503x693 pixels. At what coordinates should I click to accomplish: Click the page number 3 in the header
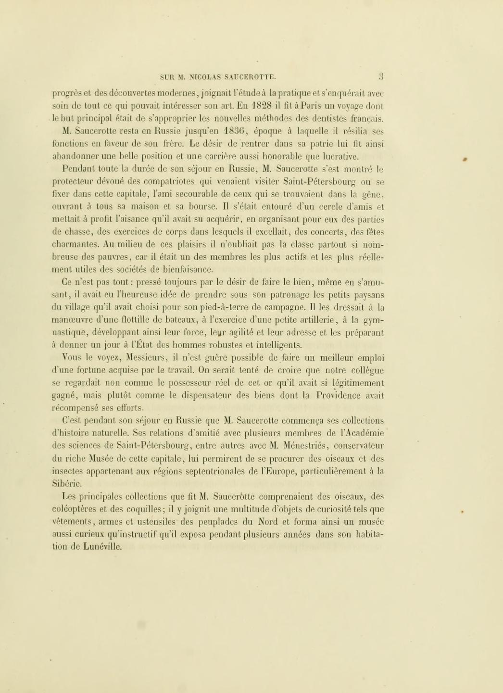[380, 76]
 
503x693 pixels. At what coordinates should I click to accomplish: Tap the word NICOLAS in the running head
[206, 76]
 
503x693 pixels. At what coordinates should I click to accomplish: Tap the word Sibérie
[66, 484]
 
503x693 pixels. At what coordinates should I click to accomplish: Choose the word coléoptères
[77, 509]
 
